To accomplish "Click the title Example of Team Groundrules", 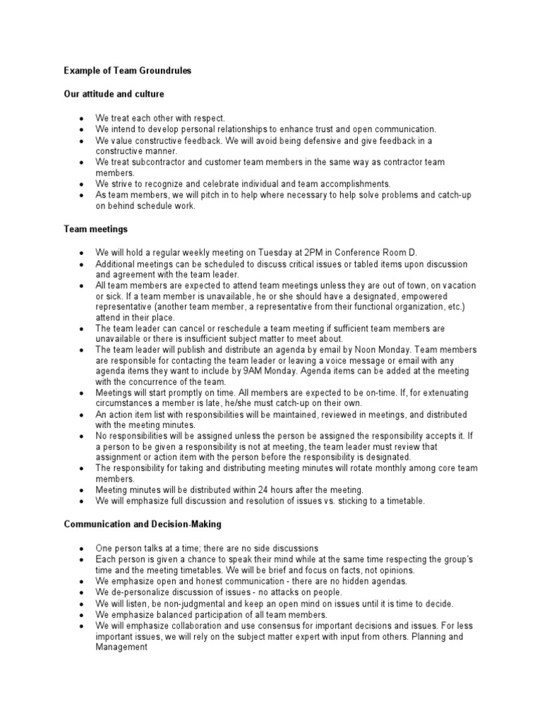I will point(127,71).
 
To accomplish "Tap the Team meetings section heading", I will point(95,229).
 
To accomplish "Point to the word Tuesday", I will point(251,253).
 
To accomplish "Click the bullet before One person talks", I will point(83,549).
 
